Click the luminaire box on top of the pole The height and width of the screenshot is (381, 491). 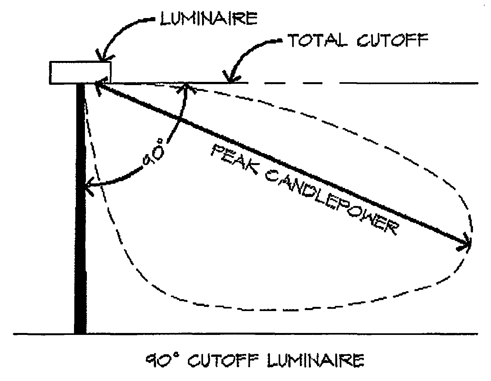(x=80, y=73)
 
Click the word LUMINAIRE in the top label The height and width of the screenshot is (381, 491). (x=208, y=19)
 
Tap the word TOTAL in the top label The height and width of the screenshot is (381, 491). (x=317, y=41)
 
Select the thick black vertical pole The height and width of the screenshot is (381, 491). (x=80, y=210)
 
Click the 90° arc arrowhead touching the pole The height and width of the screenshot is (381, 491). (x=89, y=187)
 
